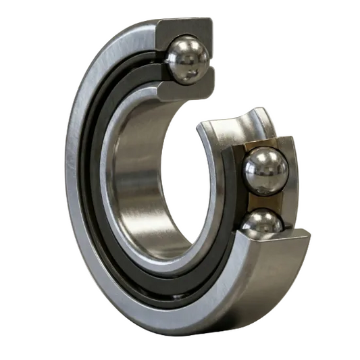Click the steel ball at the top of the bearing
pyautogui.click(x=188, y=59)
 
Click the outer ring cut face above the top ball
pyautogui.click(x=186, y=27)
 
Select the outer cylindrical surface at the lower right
pyautogui.click(x=270, y=284)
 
